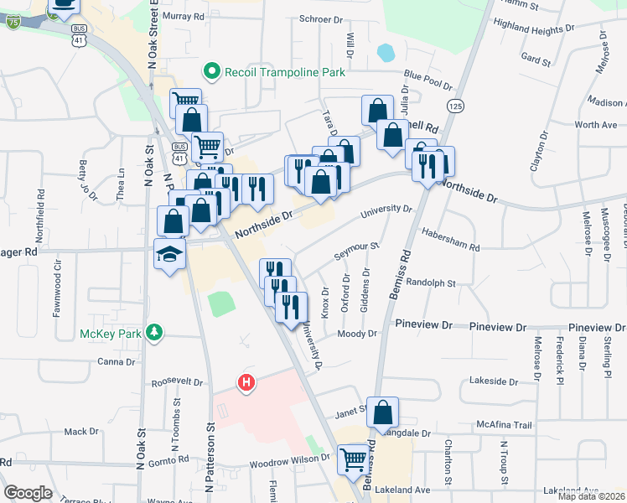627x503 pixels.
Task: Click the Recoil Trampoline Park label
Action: pyautogui.click(x=285, y=72)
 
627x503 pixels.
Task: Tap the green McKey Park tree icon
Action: pyautogui.click(x=153, y=333)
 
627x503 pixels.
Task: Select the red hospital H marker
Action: pyautogui.click(x=246, y=383)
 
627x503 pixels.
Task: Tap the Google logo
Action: pyautogui.click(x=27, y=492)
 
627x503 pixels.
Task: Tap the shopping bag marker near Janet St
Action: pyautogui.click(x=382, y=412)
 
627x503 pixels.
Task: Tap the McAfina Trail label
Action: pyautogui.click(x=505, y=425)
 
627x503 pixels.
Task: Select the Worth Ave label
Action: pyautogui.click(x=596, y=125)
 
